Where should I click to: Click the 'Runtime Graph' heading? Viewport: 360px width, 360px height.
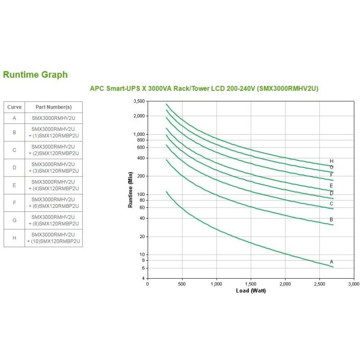(35, 75)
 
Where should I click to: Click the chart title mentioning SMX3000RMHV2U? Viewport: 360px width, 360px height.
(204, 88)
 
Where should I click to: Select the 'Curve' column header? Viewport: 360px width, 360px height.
(14, 107)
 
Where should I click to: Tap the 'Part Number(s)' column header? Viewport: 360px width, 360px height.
(53, 107)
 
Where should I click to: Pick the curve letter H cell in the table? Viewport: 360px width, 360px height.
(14, 238)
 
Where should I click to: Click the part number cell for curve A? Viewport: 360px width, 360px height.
(53, 118)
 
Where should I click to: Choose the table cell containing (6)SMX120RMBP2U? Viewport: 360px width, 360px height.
(53, 203)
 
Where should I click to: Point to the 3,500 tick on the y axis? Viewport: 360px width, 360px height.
(139, 101)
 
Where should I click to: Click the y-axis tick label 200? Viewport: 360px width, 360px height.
(141, 176)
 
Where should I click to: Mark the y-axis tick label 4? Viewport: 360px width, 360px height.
(143, 278)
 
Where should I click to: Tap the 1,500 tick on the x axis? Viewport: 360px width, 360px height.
(250, 284)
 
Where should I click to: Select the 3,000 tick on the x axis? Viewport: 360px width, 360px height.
(353, 284)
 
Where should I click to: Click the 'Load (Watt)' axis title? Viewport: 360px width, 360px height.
(250, 291)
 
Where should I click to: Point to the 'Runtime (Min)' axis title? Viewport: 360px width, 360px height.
(131, 190)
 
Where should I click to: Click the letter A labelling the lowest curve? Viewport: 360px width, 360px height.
(332, 262)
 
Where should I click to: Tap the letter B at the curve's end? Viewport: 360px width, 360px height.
(332, 220)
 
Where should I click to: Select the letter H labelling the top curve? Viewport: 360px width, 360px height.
(332, 161)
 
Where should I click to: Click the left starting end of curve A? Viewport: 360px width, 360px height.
(166, 192)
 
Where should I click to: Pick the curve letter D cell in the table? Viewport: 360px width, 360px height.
(14, 168)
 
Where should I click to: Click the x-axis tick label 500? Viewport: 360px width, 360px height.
(182, 284)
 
